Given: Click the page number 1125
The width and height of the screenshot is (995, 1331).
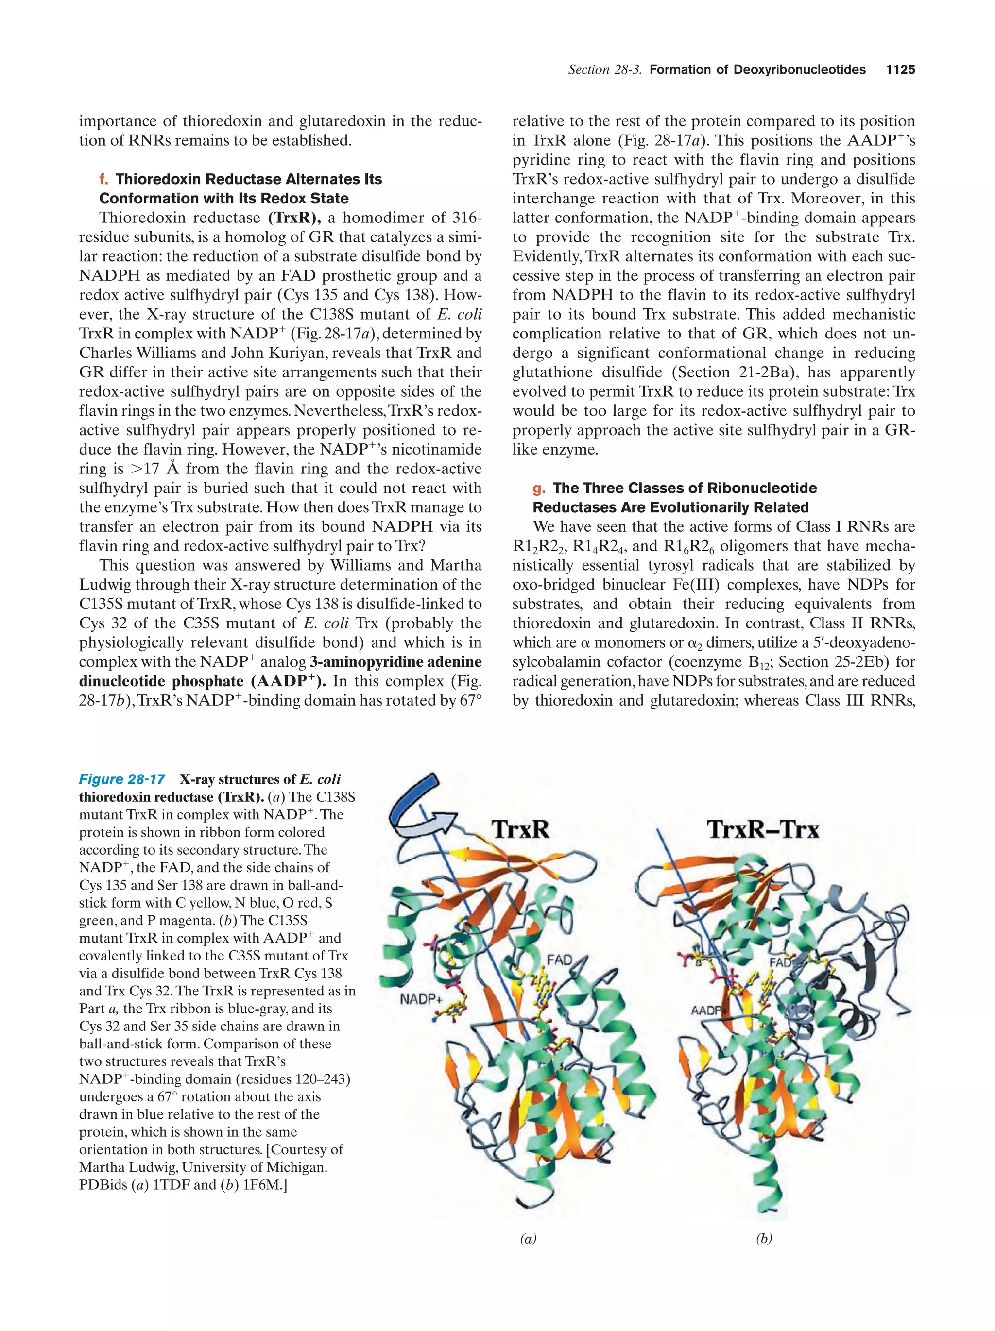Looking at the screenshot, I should coord(900,70).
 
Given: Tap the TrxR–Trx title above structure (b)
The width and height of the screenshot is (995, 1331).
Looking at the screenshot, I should coord(763,829).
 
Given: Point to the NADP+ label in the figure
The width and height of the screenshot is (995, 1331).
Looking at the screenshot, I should coord(421,999).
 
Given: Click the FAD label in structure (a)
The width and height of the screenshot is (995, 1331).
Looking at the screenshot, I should coord(559,960).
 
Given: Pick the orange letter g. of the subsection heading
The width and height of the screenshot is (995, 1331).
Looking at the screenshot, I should coord(538,488).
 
